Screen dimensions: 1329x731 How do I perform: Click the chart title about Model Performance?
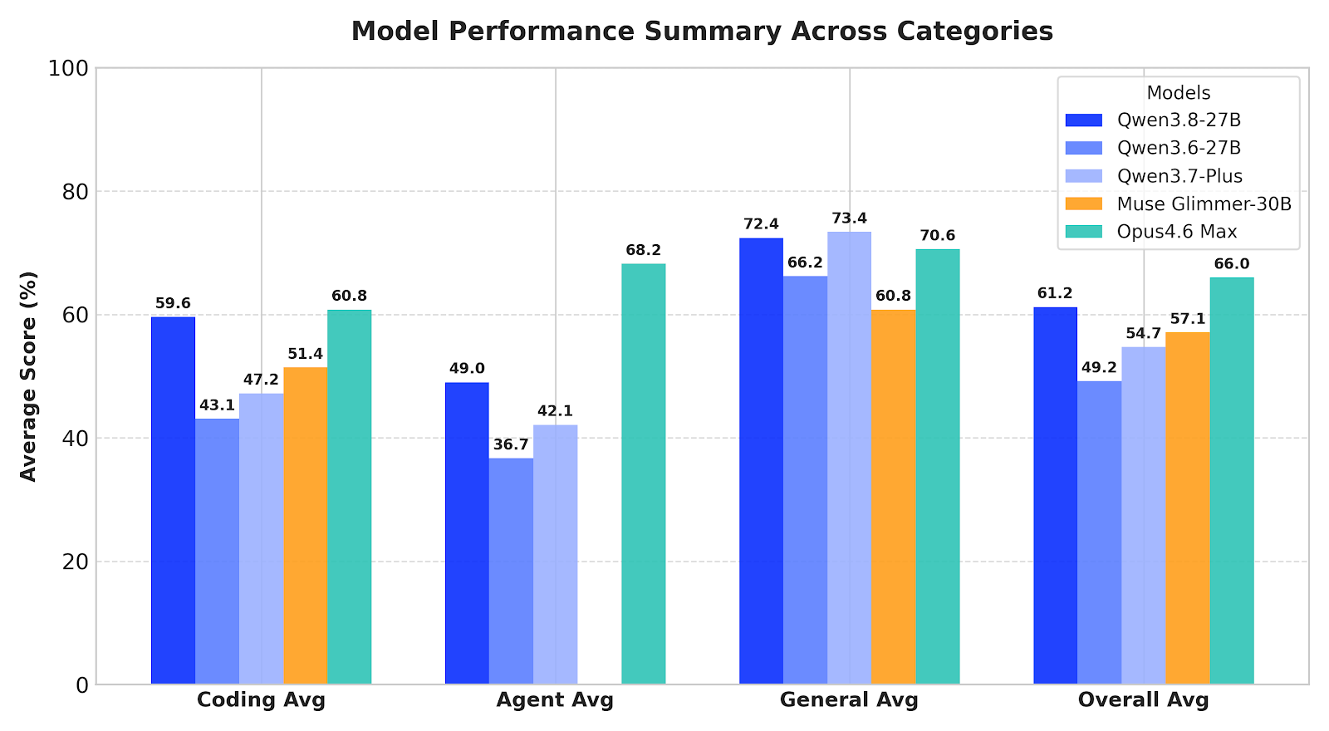click(702, 31)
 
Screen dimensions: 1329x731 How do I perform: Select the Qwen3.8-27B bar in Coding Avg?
click(174, 500)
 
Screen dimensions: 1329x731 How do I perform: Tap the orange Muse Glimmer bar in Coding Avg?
click(306, 526)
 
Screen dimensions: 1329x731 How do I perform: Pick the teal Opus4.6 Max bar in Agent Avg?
click(644, 474)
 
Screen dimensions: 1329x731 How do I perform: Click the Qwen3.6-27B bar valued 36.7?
click(511, 571)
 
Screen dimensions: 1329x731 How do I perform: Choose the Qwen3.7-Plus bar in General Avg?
click(850, 458)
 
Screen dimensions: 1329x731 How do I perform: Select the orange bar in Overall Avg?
click(1188, 508)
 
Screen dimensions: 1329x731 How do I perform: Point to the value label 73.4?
click(850, 218)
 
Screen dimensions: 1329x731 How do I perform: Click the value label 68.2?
click(644, 250)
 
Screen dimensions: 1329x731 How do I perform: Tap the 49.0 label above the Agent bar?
click(467, 369)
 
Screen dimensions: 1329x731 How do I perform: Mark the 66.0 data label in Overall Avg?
click(1232, 264)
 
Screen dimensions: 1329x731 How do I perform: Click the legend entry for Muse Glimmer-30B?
click(1179, 204)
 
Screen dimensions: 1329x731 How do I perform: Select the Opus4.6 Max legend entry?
click(1151, 232)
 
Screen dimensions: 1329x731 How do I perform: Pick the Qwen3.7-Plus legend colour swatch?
click(1084, 176)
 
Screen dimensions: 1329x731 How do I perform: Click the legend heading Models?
click(1179, 93)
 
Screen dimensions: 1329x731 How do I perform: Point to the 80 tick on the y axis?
click(76, 192)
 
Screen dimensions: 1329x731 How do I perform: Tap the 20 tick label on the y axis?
click(76, 562)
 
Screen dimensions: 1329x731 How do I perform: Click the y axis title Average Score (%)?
click(28, 376)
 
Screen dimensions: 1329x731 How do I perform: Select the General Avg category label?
click(849, 700)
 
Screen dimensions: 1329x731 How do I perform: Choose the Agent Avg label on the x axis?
click(556, 700)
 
